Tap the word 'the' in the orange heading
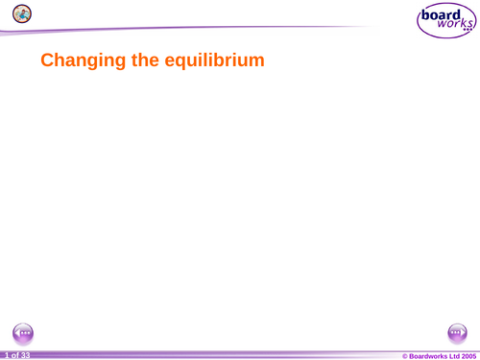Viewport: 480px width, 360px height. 146,61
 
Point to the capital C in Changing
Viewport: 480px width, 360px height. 47,61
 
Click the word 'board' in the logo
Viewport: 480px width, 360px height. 441,15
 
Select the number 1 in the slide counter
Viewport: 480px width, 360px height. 5,355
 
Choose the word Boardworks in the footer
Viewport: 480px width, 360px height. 429,355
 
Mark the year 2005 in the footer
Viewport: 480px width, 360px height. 468,355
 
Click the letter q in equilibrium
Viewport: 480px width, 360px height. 183,63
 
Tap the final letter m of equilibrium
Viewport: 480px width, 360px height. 254,61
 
